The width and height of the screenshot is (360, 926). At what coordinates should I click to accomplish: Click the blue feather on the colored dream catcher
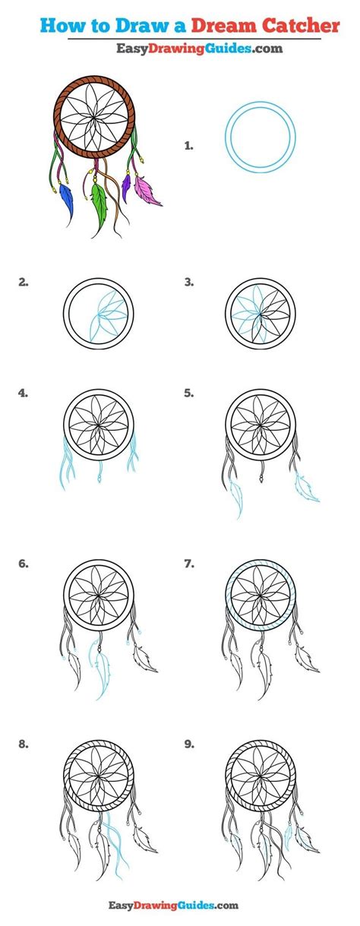68,201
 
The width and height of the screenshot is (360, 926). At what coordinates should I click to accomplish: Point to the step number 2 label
24,282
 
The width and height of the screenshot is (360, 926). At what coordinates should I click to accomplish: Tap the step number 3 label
188,282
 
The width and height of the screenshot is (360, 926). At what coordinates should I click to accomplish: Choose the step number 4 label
24,393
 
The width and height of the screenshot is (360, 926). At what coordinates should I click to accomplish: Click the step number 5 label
188,393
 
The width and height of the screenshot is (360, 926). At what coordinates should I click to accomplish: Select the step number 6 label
24,564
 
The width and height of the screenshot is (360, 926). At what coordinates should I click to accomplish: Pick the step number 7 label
188,564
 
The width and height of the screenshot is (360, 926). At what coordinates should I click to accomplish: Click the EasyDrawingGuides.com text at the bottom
179,905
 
